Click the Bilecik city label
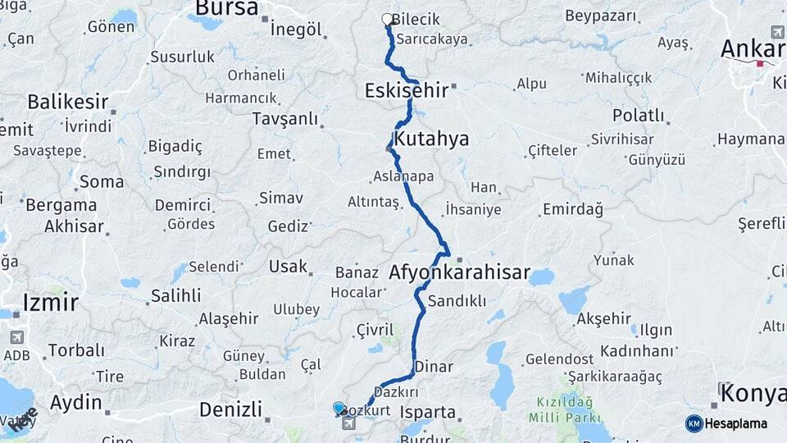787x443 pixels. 416,20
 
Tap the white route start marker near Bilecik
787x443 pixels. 387,19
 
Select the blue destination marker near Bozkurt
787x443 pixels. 339,407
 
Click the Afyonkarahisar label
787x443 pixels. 460,272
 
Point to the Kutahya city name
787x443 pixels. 431,139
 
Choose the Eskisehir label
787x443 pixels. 407,90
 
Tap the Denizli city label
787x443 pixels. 230,409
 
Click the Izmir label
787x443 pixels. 51,302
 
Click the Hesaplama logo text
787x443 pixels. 735,424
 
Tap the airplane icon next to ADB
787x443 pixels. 16,337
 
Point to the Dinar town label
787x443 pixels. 434,366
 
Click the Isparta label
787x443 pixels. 428,411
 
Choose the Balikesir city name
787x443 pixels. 68,103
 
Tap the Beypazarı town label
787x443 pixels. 600,16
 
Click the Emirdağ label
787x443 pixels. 572,209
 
